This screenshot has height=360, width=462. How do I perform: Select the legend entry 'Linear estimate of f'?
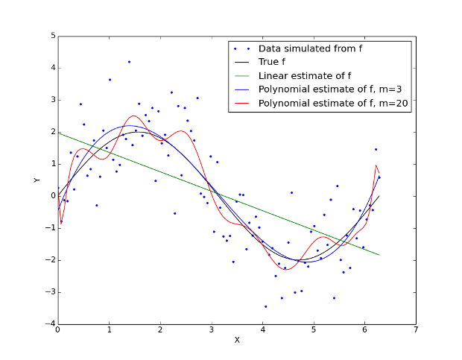tap(305, 76)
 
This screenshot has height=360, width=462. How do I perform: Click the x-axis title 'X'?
tap(237, 340)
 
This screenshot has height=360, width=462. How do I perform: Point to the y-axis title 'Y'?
tap(35, 180)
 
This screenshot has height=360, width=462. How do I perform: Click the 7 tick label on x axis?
tap(416, 330)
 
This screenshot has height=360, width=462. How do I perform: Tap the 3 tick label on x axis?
tap(212, 330)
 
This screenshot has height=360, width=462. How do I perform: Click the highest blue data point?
tap(129, 62)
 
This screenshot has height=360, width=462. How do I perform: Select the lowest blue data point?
tap(265, 306)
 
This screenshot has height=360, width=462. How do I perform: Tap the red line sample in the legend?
tap(241, 104)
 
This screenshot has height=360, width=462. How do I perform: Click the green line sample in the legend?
tap(241, 76)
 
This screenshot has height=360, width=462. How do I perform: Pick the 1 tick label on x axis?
tap(110, 330)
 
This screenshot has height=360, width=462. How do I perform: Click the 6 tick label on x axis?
tap(364, 330)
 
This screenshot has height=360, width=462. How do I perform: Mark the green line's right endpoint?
tap(379, 255)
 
